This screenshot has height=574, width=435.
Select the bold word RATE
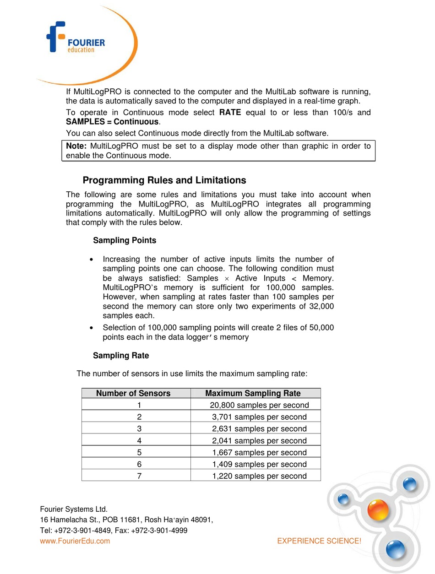click(x=230, y=113)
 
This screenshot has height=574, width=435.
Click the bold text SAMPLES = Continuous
click(x=112, y=122)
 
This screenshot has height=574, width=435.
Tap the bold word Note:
click(x=76, y=146)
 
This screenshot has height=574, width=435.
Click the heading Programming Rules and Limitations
click(x=164, y=180)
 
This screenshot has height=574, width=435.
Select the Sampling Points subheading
click(x=125, y=240)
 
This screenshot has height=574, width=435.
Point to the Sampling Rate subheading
click(x=121, y=356)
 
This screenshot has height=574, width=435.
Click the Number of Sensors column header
click(x=133, y=393)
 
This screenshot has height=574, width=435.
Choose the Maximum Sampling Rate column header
click(x=253, y=393)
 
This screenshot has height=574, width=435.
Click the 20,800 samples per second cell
click(x=259, y=405)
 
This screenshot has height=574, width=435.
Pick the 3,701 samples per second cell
click(x=259, y=417)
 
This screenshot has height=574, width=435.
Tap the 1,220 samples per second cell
click(x=259, y=476)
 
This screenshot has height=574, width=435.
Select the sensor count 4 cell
click(x=139, y=441)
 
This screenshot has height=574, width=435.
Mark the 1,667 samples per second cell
click(x=259, y=453)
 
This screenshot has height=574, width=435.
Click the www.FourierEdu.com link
click(x=75, y=541)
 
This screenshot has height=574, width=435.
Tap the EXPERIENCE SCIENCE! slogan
click(x=319, y=541)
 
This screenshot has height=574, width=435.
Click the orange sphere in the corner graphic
click(x=378, y=509)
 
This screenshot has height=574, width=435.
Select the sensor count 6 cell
click(x=139, y=465)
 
